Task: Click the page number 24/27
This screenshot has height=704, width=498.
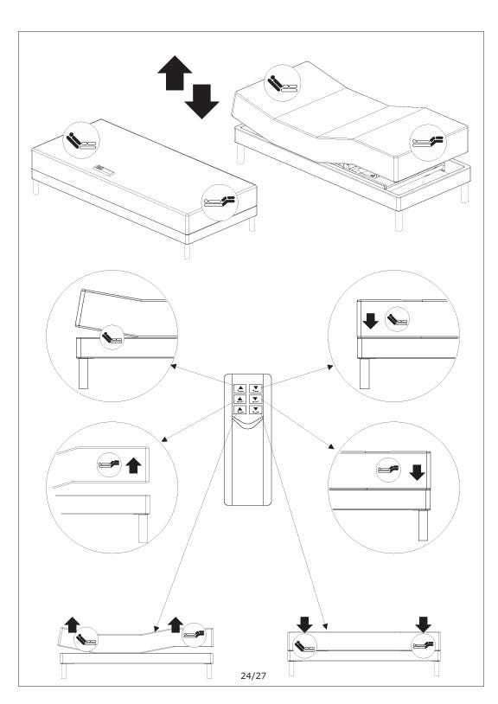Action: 253,675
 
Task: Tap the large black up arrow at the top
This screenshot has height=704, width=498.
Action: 175,73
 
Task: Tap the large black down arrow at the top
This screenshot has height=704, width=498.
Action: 202,101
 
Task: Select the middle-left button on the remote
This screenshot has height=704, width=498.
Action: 241,400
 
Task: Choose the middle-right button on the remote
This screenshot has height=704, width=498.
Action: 255,400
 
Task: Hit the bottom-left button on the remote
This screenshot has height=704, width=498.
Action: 241,409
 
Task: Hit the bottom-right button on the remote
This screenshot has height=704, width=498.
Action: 255,409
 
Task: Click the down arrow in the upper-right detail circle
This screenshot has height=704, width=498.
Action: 371,321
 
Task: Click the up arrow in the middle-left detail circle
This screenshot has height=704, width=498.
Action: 133,465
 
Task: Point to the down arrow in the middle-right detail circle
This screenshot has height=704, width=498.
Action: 418,472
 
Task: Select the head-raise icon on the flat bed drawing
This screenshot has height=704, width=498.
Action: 81,139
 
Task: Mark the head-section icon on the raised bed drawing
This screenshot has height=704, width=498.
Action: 282,83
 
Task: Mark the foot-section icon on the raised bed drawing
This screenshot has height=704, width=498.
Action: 429,143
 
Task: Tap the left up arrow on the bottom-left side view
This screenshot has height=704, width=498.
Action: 73,625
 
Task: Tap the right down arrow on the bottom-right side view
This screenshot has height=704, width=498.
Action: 423,624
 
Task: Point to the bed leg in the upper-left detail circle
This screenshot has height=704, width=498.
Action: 84,373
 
